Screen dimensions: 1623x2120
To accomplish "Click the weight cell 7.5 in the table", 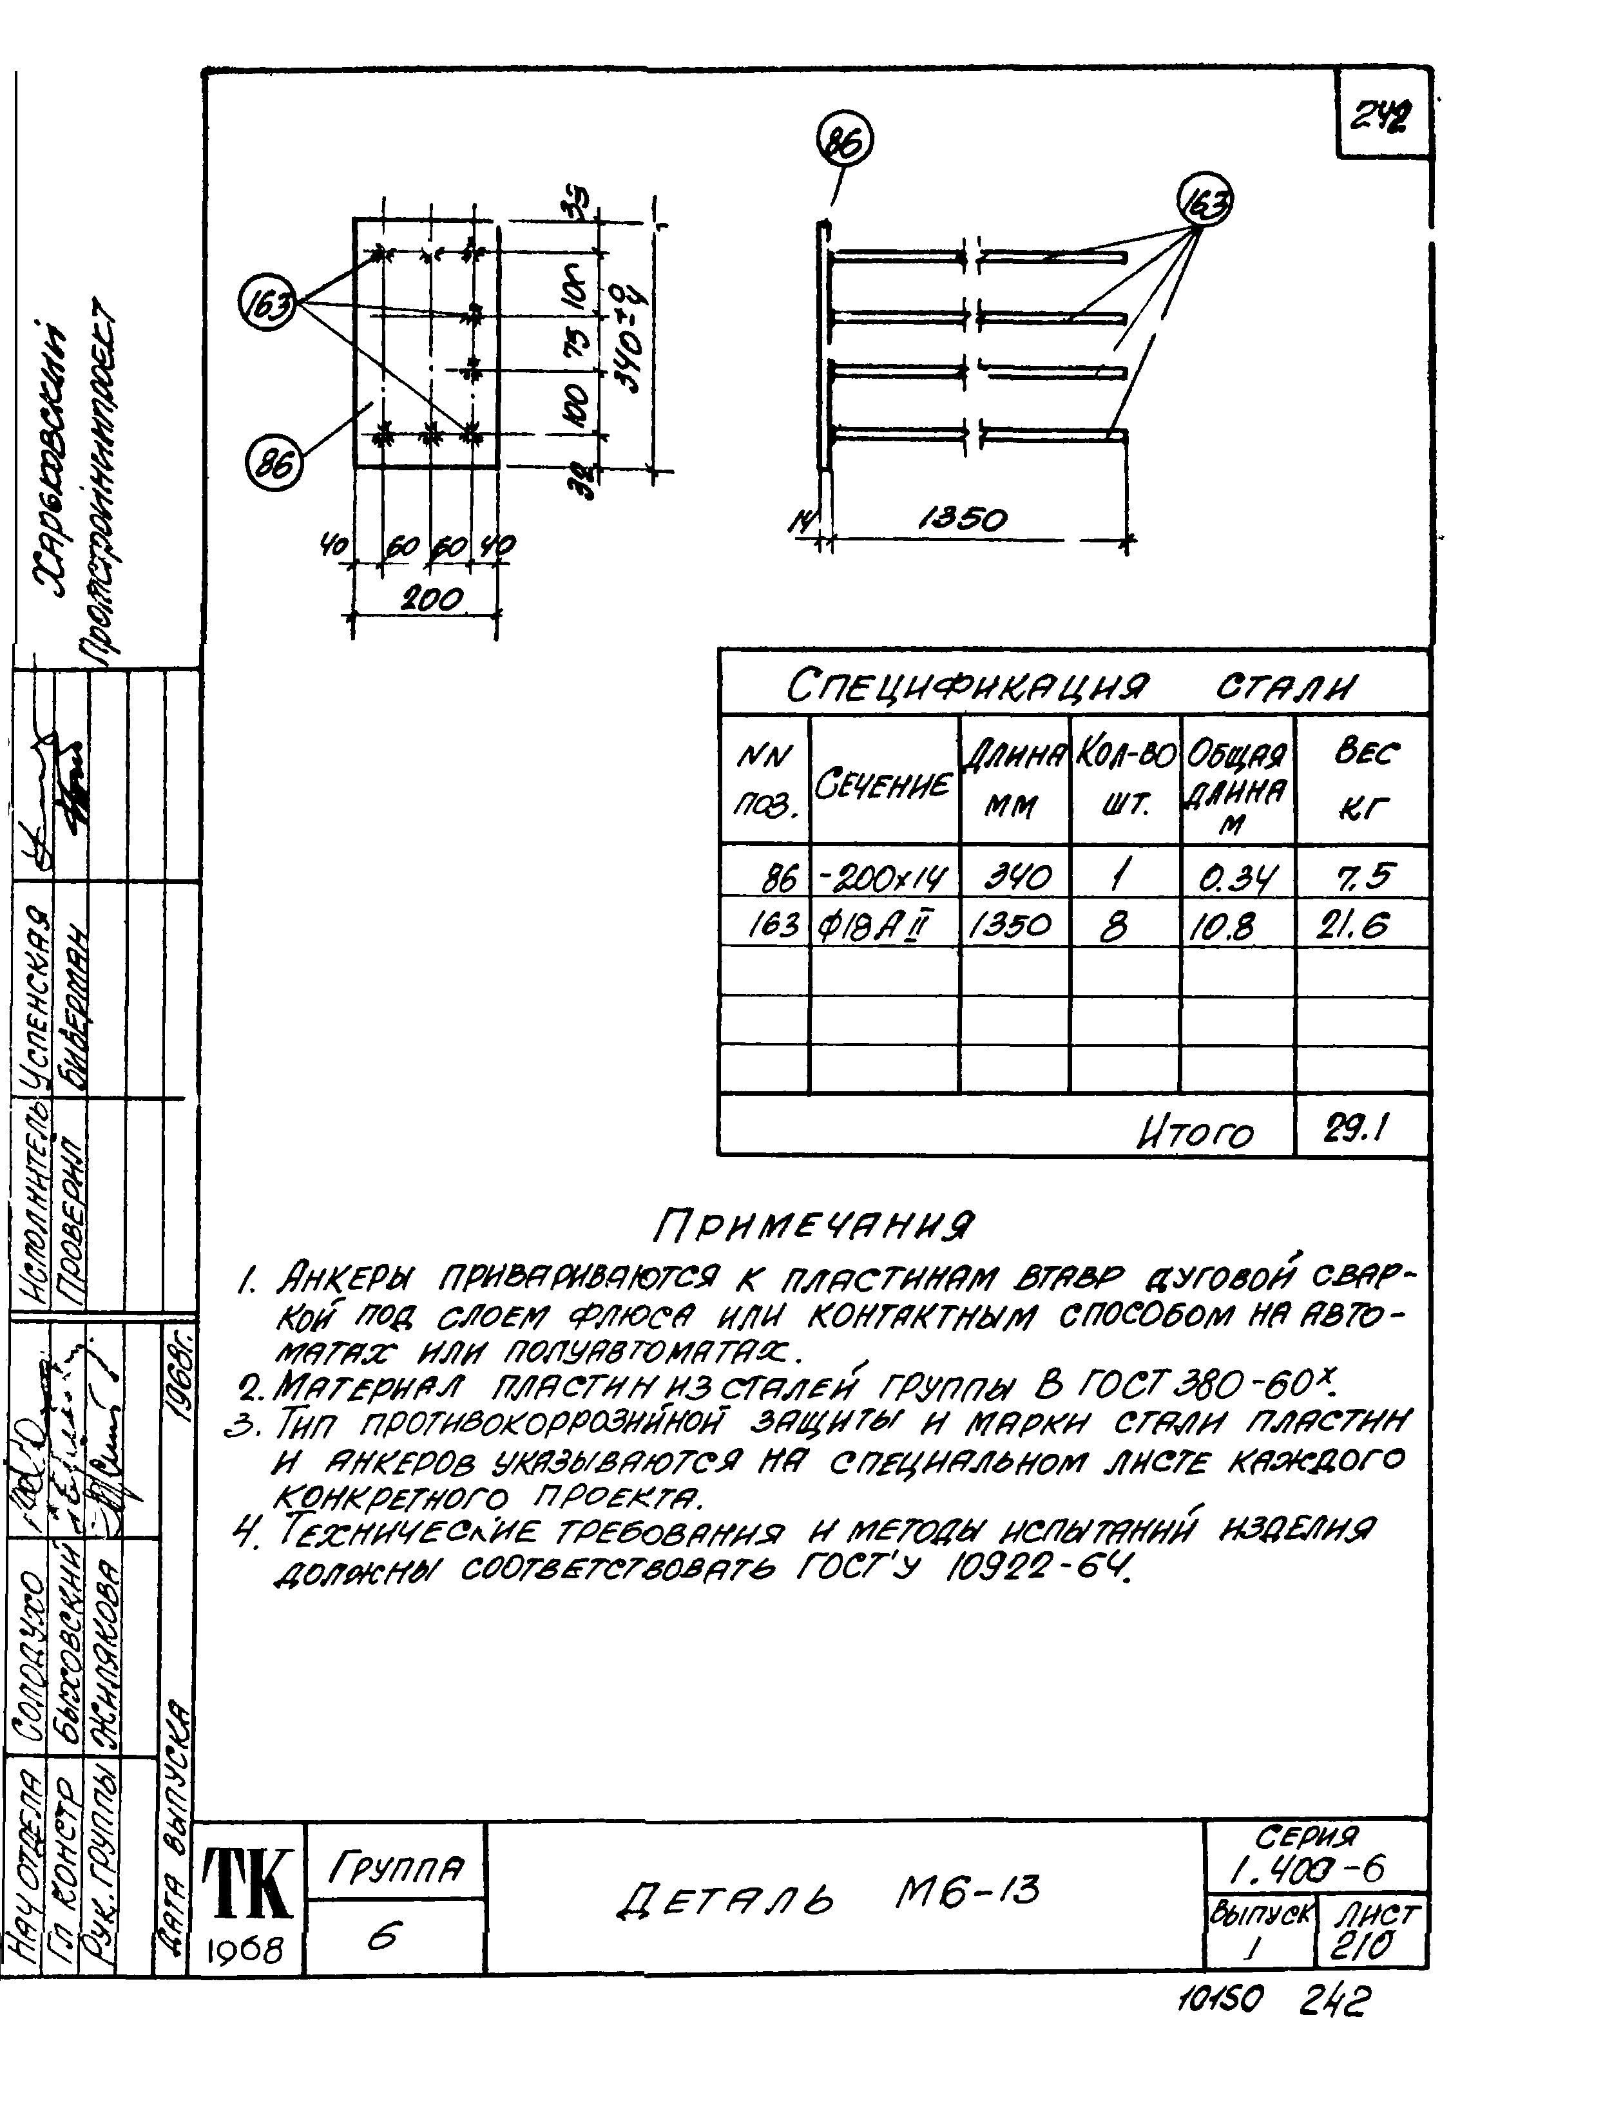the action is (x=1362, y=876).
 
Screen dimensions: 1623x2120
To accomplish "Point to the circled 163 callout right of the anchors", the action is (x=1205, y=201).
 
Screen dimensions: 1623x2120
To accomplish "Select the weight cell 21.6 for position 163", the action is (x=1362, y=927).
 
